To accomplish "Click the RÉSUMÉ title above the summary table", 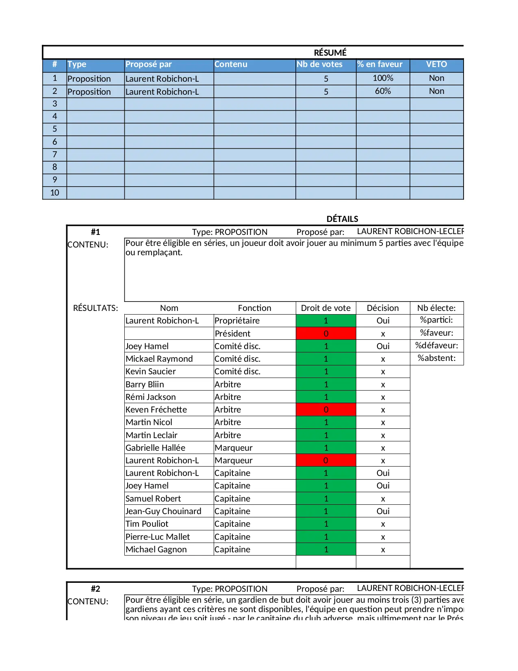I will (x=330, y=52).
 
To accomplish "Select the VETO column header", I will (x=436, y=64).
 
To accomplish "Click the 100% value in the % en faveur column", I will (x=383, y=78).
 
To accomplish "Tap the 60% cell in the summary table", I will (x=383, y=91).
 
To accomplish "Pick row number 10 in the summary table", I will (x=54, y=193).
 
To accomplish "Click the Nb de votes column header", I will (x=319, y=64).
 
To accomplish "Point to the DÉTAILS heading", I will (x=342, y=219).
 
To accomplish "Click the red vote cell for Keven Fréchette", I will (x=326, y=410).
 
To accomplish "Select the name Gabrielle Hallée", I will (x=155, y=448).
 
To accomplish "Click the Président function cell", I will (x=232, y=334).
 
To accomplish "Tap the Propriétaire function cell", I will (x=237, y=321).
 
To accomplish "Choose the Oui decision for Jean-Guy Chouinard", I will (x=383, y=511).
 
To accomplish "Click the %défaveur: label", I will (x=436, y=346).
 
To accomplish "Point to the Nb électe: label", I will (x=436, y=308).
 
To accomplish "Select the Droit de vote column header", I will (x=325, y=308).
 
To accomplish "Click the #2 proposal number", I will (x=95, y=588).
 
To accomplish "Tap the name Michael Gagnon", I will (x=156, y=549).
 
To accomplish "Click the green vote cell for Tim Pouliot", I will (x=326, y=524).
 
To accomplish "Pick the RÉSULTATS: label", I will (x=95, y=308).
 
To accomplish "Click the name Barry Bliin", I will (x=145, y=384).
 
